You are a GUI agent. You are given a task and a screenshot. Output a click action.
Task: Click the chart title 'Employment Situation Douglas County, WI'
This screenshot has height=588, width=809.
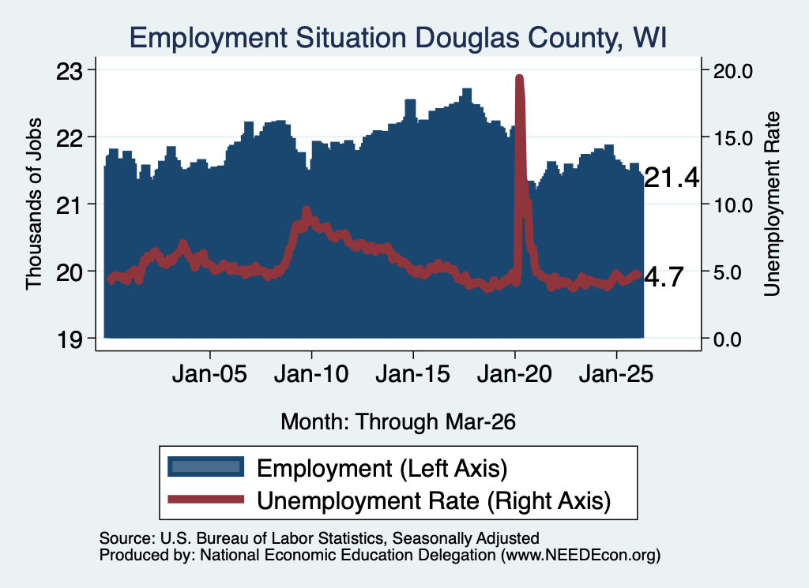click(x=398, y=38)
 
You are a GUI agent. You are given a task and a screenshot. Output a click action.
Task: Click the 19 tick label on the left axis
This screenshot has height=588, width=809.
click(x=69, y=339)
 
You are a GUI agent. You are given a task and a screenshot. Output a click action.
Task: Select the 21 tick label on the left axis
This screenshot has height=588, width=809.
click(x=69, y=205)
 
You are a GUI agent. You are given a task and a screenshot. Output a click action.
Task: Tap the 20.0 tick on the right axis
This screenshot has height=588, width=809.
click(x=733, y=71)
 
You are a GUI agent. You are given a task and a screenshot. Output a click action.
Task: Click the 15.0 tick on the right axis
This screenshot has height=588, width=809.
click(x=733, y=138)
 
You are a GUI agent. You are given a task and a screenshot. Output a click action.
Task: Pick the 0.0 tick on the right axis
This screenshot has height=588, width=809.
click(x=728, y=339)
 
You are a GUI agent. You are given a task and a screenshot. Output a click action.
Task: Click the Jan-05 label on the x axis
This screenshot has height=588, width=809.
click(x=209, y=374)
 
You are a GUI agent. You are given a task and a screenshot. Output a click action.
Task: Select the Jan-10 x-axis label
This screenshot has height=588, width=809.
click(x=311, y=374)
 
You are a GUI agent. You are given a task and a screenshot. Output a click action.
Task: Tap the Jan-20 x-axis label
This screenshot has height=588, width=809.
click(x=514, y=374)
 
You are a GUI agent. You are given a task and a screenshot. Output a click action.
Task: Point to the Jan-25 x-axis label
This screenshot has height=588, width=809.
click(x=616, y=374)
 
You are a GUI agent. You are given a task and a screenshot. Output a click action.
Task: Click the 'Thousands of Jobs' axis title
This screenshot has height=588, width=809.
click(x=34, y=204)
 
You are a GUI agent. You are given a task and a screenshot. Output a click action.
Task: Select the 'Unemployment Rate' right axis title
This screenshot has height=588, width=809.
click(x=772, y=204)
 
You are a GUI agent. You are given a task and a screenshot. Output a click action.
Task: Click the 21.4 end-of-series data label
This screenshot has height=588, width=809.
click(x=672, y=178)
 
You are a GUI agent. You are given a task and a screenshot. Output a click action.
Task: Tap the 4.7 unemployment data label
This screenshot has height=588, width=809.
click(x=664, y=277)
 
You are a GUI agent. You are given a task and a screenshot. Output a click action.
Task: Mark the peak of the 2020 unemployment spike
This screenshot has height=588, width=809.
click(x=520, y=78)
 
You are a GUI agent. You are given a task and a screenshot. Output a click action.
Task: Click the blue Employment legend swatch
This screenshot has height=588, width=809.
click(x=206, y=467)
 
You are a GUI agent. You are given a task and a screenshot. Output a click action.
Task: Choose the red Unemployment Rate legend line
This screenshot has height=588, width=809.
click(x=206, y=499)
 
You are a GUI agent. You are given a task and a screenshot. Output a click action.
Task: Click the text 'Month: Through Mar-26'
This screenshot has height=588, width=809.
click(x=398, y=422)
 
